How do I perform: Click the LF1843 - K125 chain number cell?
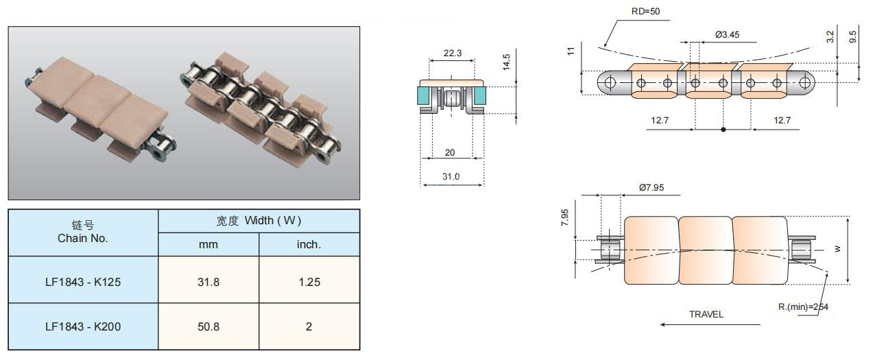83,282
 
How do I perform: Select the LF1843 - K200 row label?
83,326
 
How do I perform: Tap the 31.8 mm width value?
208,282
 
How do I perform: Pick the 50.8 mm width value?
208,326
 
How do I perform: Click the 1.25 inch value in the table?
309,282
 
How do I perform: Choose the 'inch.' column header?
309,244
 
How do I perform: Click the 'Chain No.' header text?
82,238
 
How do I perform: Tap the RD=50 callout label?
645,12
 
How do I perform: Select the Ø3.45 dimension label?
727,35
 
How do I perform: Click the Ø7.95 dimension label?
651,187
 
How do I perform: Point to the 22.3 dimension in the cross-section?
453,53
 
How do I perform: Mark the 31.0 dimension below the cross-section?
451,176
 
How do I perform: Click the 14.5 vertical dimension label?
506,62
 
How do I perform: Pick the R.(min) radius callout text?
803,307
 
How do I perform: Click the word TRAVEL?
706,314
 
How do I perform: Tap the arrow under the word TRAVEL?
710,324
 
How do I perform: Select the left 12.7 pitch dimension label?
660,120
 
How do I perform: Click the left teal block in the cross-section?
423,96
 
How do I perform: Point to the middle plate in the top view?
706,250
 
